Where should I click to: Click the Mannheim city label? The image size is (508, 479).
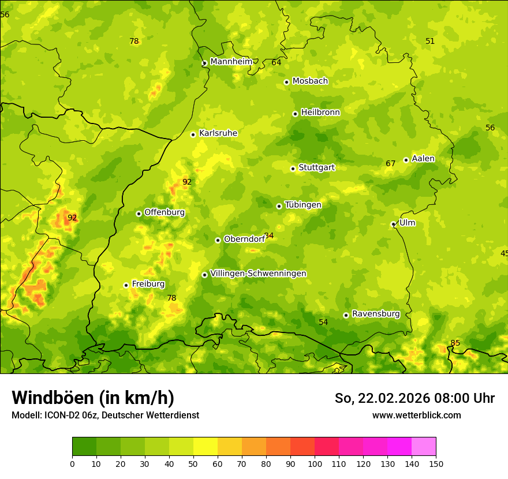(x=231, y=62)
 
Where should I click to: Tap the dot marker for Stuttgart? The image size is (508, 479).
(x=293, y=169)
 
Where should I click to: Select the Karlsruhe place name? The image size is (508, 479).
(x=218, y=133)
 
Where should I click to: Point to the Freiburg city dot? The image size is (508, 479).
(x=126, y=285)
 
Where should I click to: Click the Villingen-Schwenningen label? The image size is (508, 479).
(x=258, y=274)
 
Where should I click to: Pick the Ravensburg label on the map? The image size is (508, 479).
(x=376, y=314)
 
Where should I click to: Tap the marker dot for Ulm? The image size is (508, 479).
(x=393, y=224)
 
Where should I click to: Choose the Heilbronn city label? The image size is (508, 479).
(x=320, y=113)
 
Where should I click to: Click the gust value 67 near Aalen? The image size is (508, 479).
(x=391, y=164)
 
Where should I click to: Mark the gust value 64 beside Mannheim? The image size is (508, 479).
(x=277, y=62)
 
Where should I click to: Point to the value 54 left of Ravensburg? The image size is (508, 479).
(x=323, y=322)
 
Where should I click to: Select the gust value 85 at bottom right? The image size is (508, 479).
(x=455, y=343)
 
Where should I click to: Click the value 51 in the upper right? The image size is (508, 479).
(x=430, y=41)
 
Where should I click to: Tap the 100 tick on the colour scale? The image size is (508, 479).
(x=315, y=463)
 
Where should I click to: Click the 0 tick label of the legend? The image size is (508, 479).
(x=72, y=463)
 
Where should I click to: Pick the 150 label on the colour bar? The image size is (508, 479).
(x=436, y=463)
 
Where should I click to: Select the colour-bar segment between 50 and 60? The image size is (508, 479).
(x=206, y=447)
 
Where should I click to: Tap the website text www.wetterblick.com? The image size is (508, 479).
(x=416, y=415)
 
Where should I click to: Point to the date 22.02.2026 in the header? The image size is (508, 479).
(x=393, y=398)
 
